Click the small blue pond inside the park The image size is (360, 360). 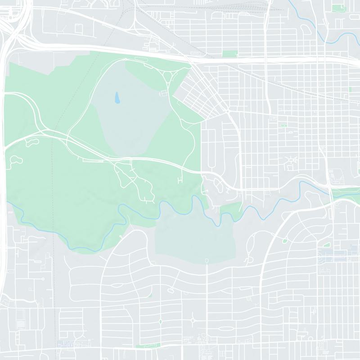117,97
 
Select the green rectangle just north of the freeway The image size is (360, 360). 229,54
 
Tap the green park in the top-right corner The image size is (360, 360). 337,8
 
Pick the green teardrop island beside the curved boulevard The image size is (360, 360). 285,241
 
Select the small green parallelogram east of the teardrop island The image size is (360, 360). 327,245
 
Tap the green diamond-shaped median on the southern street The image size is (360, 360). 160,322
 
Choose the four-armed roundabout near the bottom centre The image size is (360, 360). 193,321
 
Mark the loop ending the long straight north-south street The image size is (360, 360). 207,261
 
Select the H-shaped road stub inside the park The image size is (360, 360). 180,180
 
